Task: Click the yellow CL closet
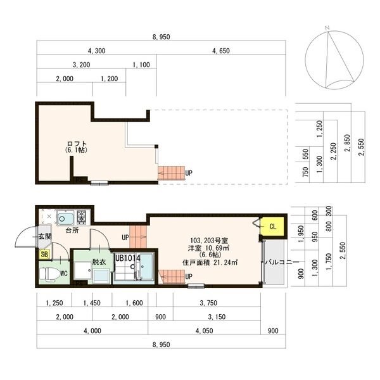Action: click(272, 226)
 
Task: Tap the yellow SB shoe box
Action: click(44, 255)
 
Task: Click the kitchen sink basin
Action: click(65, 217)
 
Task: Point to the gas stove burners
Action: click(82, 217)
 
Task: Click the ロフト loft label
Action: click(77, 144)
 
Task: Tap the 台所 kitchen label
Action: click(72, 231)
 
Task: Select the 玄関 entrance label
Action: click(46, 236)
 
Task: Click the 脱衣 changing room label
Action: click(99, 262)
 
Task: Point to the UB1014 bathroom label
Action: click(128, 258)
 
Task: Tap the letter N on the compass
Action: click(327, 28)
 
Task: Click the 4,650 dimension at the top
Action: click(221, 51)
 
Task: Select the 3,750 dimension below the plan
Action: click(208, 303)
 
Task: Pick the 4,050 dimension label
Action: click(205, 331)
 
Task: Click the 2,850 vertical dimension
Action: click(348, 143)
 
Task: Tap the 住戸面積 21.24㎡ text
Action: click(210, 262)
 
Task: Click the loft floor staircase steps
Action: click(171, 173)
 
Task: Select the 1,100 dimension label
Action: click(141, 65)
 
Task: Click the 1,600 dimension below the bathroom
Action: click(134, 303)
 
